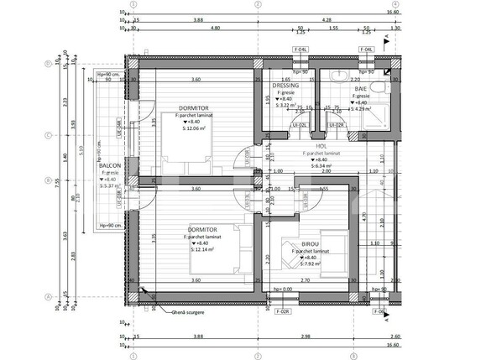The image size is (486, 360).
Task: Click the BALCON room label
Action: [x=110, y=165]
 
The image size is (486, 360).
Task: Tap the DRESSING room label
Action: [x=285, y=86]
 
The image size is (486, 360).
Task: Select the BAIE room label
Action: [x=361, y=88]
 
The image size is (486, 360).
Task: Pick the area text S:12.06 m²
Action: [x=196, y=129]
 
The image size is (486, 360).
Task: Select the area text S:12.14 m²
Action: [x=206, y=249]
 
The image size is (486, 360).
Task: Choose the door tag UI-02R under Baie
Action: [x=336, y=124]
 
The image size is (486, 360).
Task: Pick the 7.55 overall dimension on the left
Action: [x=58, y=179]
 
